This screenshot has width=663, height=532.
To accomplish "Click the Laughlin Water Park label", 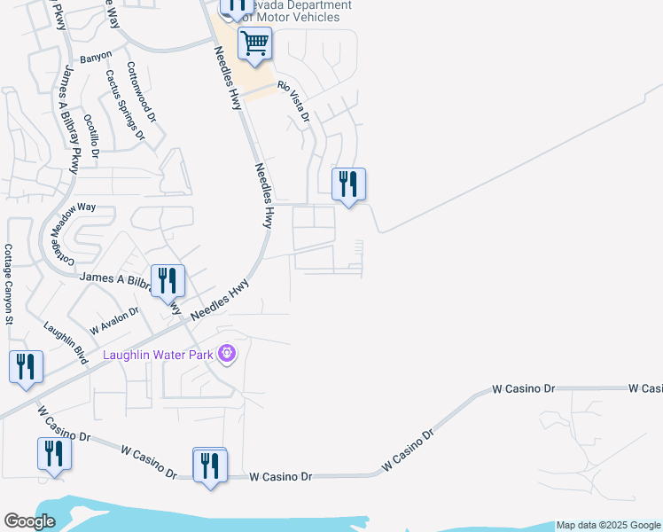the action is (160, 356).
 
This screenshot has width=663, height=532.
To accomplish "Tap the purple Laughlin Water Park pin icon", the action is (227, 355).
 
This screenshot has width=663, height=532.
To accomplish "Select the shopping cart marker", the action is (254, 43).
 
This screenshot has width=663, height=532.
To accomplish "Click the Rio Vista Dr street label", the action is (293, 101).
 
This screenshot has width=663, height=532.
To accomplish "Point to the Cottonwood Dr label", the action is (141, 92).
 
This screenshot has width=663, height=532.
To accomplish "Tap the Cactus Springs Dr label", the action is (124, 106).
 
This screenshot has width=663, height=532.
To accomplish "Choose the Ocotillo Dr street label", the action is (91, 135).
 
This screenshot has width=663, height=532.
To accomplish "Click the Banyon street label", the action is (96, 57).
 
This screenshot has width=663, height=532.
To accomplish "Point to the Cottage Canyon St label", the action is (8, 283).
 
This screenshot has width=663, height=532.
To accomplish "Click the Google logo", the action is (29, 521).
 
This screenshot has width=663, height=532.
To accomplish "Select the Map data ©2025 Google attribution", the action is (608, 526).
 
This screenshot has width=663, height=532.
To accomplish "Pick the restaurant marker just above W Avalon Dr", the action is (168, 281).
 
